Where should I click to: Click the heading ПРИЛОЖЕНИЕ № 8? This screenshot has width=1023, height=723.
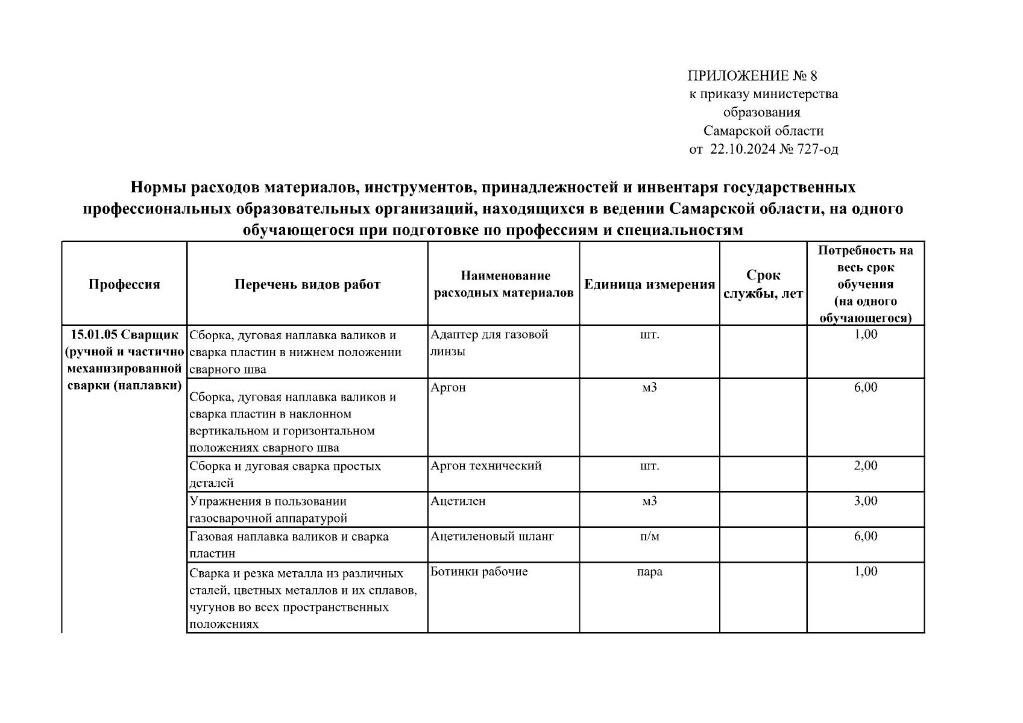[x=752, y=76]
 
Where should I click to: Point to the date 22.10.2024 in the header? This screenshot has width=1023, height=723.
[x=743, y=149]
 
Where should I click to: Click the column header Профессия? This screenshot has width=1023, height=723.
[x=124, y=284]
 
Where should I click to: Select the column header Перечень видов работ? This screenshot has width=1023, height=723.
[x=307, y=284]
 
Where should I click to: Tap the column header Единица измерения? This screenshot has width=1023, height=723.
[x=649, y=284]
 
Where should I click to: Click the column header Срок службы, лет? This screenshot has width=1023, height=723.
[x=763, y=284]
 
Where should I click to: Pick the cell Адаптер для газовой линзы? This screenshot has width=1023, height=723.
[x=489, y=343]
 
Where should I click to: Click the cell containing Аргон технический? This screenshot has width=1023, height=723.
[x=486, y=466]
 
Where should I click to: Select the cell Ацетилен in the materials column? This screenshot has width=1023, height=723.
[x=458, y=501]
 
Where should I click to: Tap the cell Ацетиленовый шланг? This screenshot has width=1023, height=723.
[x=492, y=536]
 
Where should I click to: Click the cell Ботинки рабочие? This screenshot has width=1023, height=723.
[x=479, y=572]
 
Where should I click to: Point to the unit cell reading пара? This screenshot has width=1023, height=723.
[x=649, y=572]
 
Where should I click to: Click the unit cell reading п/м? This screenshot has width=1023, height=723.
[x=649, y=536]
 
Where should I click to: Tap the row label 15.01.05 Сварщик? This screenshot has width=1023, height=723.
[x=124, y=335]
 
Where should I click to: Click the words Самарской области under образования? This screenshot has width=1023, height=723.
[x=763, y=131]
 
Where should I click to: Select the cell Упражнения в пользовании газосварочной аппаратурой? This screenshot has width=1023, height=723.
[x=268, y=510]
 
